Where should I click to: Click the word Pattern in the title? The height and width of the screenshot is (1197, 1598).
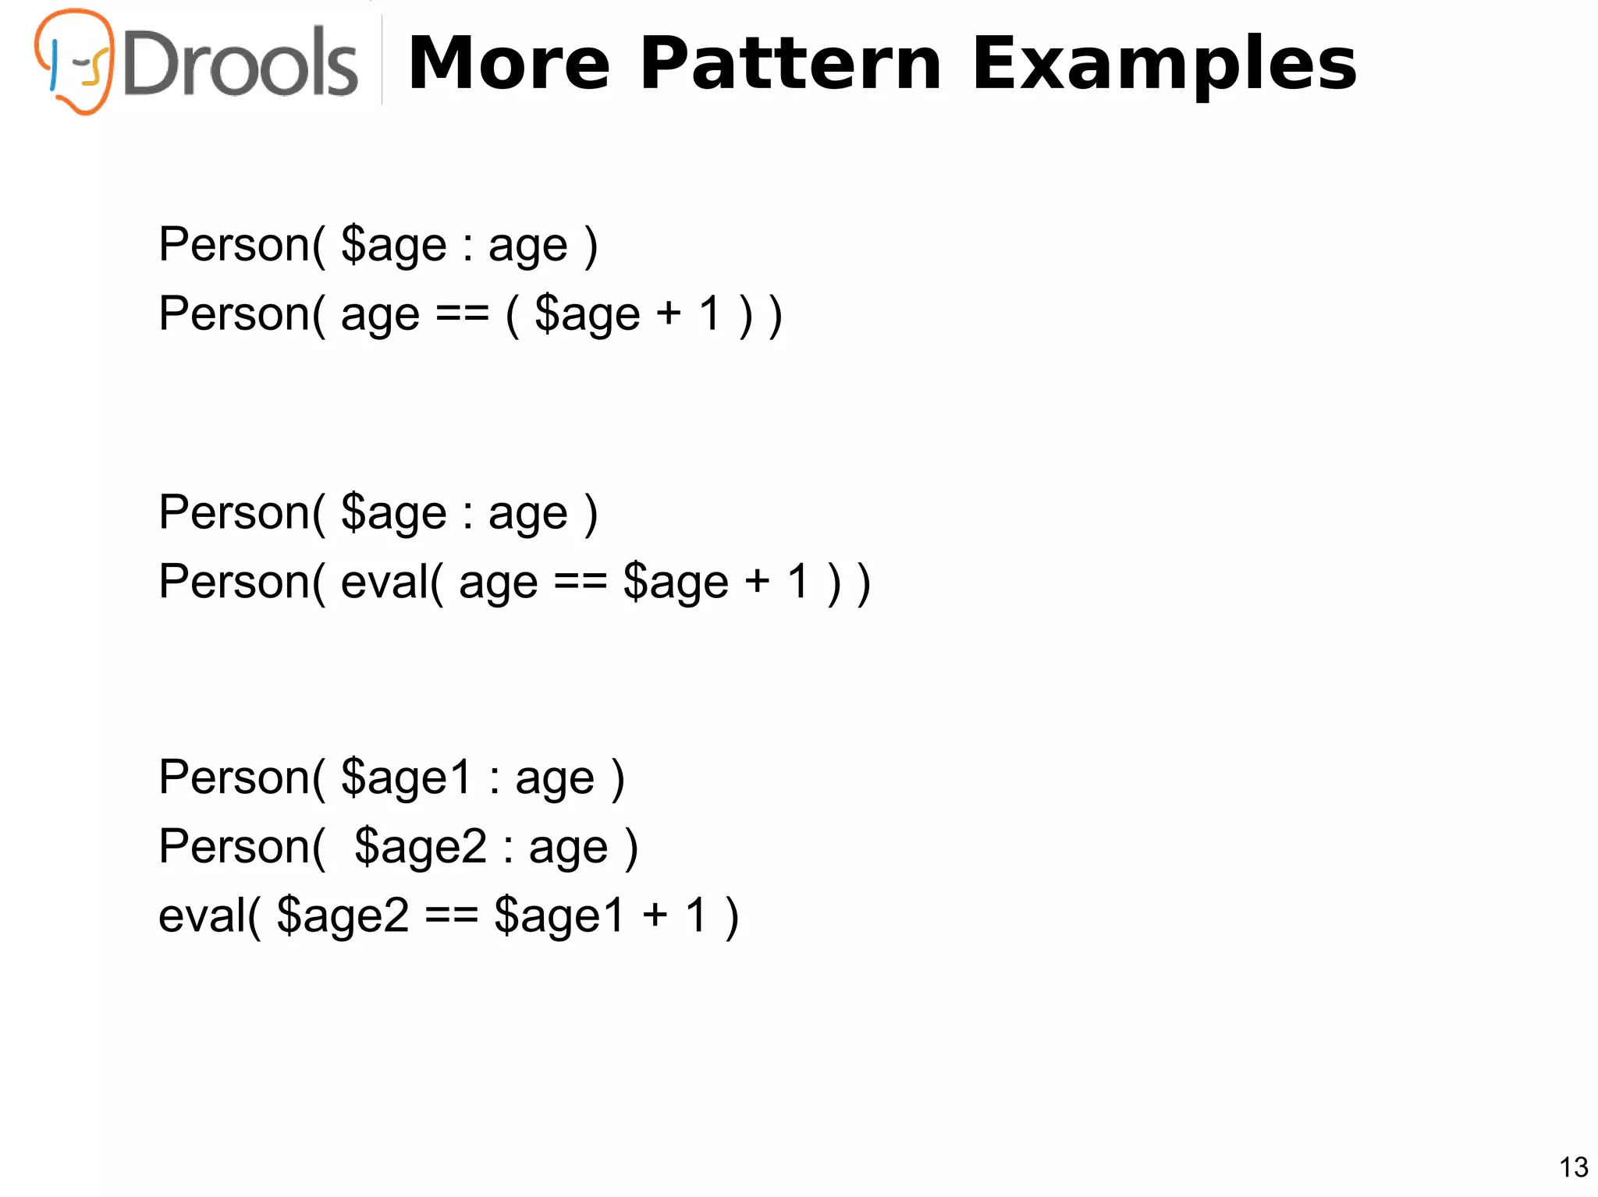(790, 64)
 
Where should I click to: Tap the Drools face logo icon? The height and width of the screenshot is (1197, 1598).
(75, 61)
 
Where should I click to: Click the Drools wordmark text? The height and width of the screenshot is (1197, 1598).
(240, 64)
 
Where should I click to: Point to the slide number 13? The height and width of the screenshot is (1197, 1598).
(1573, 1167)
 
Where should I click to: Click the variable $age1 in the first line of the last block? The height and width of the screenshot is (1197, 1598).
(407, 778)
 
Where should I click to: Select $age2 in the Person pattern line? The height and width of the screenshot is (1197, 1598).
(421, 848)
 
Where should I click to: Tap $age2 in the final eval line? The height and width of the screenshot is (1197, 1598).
(343, 916)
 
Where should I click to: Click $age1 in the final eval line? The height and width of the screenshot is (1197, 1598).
(559, 916)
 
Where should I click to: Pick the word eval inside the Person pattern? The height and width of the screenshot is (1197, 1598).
(385, 582)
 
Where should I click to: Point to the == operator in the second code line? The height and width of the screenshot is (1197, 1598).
(462, 314)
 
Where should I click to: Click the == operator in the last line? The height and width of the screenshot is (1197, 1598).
(451, 916)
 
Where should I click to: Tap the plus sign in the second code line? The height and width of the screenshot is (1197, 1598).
(669, 314)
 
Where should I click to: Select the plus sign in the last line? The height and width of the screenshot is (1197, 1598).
(655, 916)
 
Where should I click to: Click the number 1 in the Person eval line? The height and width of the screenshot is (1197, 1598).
(797, 582)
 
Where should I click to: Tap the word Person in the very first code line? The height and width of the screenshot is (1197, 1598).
(235, 246)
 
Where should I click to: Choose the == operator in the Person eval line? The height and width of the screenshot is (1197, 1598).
(581, 582)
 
